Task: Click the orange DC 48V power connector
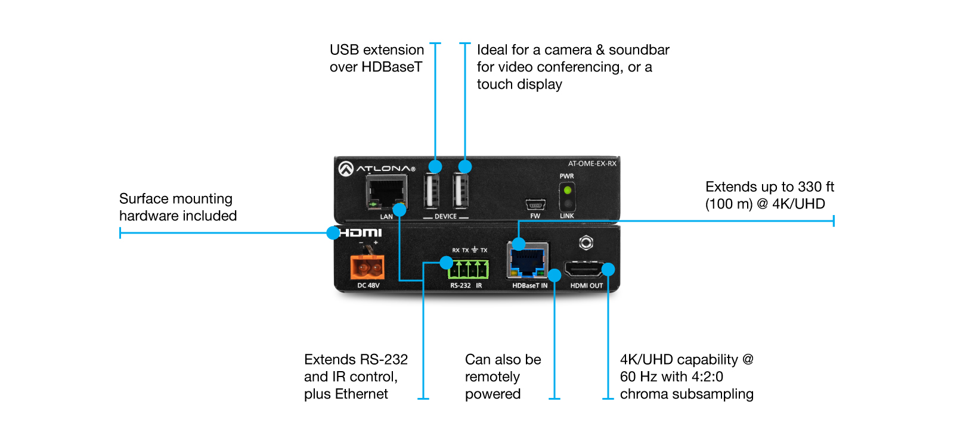click(x=367, y=268)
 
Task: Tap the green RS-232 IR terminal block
click(x=469, y=269)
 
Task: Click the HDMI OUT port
click(x=584, y=270)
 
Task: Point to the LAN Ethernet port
click(x=386, y=194)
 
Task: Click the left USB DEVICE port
click(x=432, y=192)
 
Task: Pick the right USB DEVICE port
click(x=460, y=192)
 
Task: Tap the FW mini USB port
click(x=535, y=205)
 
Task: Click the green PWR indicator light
click(x=567, y=191)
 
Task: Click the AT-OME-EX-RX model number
click(x=591, y=163)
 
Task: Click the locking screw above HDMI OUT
click(x=586, y=242)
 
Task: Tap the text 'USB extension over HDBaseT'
click(x=376, y=58)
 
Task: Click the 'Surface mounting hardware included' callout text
click(x=178, y=207)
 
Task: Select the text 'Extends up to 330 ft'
click(x=769, y=187)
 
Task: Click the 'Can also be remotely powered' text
click(x=503, y=376)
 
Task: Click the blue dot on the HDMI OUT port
click(x=608, y=269)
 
